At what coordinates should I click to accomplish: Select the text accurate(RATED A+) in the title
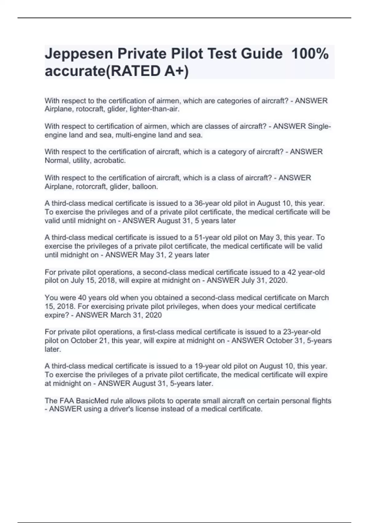(117, 71)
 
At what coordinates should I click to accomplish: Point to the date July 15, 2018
(93, 281)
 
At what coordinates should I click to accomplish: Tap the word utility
(81, 161)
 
